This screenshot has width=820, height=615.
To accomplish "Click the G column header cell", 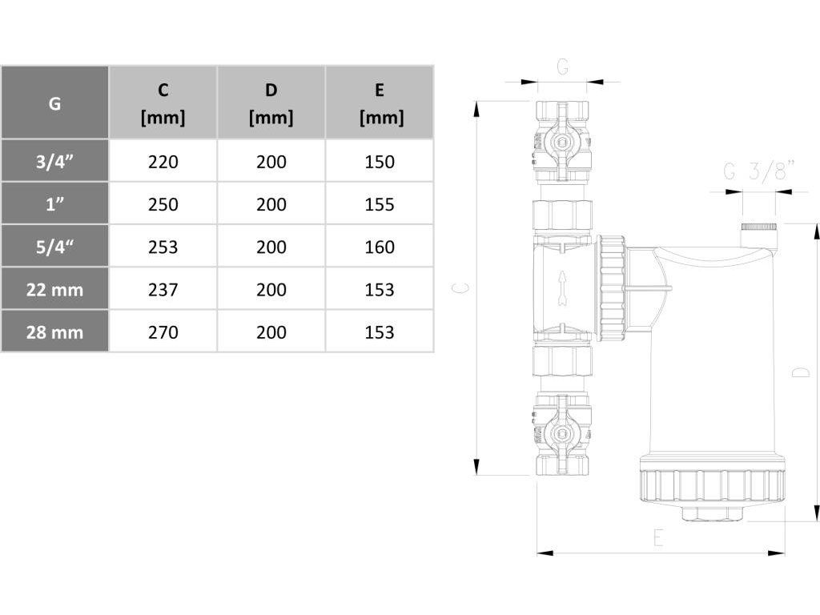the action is click(55, 102).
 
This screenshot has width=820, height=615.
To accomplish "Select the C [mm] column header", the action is click(163, 102).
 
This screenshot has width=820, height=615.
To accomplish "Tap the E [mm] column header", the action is click(380, 102).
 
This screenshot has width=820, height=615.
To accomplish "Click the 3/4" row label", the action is click(55, 161).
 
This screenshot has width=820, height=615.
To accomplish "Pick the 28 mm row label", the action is click(55, 332).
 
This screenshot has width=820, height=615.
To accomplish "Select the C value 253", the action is click(163, 247).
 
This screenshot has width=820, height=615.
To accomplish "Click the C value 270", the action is click(163, 332).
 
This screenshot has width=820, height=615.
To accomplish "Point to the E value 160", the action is click(380, 247).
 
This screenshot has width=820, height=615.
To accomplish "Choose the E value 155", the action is click(380, 204).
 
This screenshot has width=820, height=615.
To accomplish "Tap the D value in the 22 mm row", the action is click(271, 289).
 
